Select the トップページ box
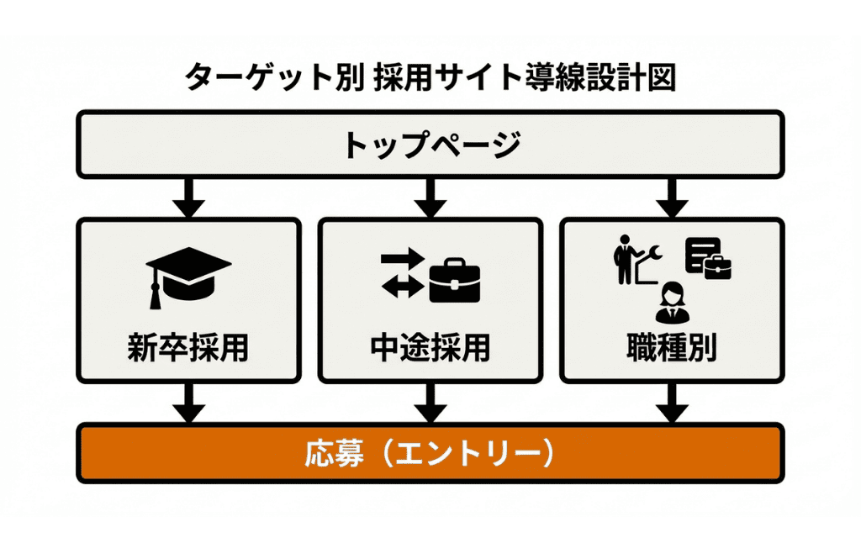click(x=430, y=144)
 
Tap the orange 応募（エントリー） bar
click(x=430, y=453)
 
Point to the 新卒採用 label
click(x=188, y=347)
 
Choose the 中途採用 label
click(x=430, y=347)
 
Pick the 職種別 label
click(x=671, y=347)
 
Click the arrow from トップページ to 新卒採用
click(x=188, y=198)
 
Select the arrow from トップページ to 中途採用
click(x=430, y=198)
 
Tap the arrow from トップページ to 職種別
click(x=672, y=198)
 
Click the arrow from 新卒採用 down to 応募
click(x=188, y=403)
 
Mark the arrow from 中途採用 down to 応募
click(x=430, y=403)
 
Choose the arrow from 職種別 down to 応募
click(x=672, y=403)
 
